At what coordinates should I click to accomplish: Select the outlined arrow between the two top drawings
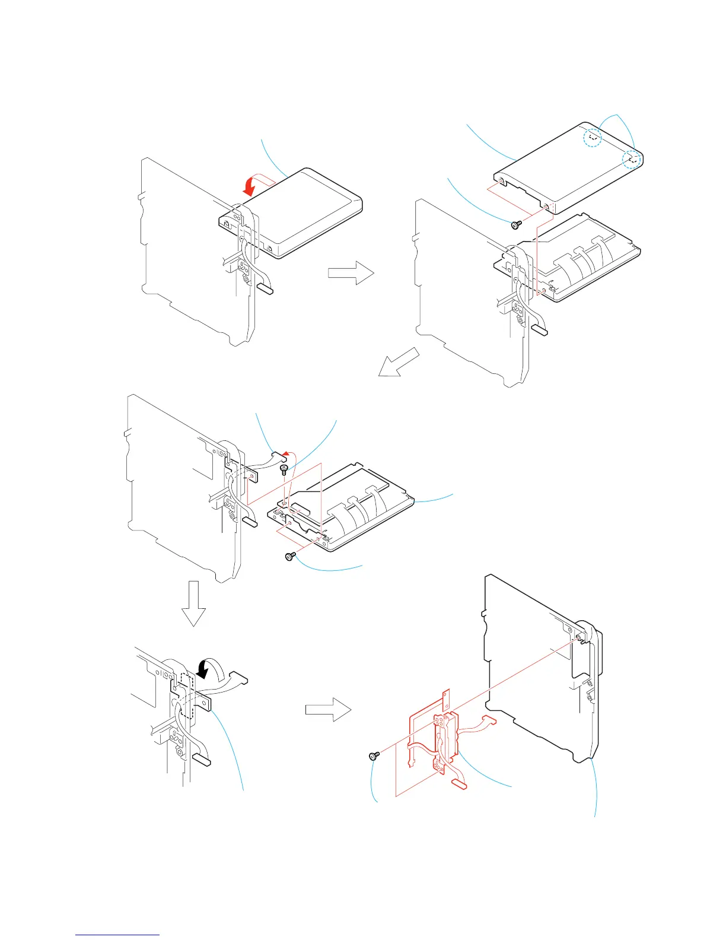(x=351, y=273)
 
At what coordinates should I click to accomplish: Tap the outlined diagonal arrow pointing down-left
(x=399, y=363)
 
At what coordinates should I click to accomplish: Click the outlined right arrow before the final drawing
(x=328, y=709)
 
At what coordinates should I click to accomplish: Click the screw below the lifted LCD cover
(x=517, y=224)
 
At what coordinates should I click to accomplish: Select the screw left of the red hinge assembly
(x=374, y=755)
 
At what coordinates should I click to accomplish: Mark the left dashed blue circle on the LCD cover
(x=592, y=138)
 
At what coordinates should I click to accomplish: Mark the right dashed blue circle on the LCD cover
(x=633, y=159)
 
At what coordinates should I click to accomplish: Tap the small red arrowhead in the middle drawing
(x=286, y=454)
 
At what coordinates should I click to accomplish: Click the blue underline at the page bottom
(x=117, y=935)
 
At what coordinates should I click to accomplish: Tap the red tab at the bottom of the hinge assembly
(x=460, y=785)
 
